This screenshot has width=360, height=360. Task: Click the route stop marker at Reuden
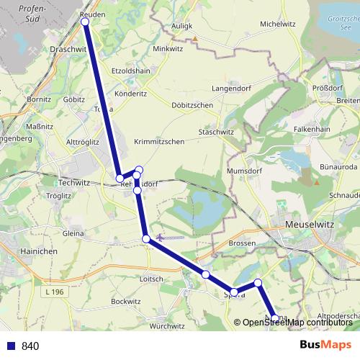pos(85,22)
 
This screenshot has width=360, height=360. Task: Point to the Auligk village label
pos(182,25)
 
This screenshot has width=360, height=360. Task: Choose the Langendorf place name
pos(230,88)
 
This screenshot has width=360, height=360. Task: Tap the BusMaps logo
pos(325,345)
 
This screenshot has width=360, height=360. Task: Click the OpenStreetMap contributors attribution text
pos(297,322)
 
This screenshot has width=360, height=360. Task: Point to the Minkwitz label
pos(168,49)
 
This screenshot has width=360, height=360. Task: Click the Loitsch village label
pos(151,279)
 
